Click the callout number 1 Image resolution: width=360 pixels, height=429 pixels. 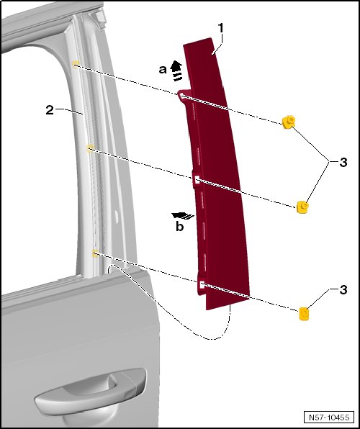[x=220, y=29]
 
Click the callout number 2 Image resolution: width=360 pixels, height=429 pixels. [x=50, y=110]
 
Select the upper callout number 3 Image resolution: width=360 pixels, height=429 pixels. [x=343, y=162]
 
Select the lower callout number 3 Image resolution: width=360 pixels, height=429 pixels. [x=343, y=290]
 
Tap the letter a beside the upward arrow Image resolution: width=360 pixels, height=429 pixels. [x=163, y=70]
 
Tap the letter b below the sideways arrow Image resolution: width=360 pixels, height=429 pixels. [x=179, y=226]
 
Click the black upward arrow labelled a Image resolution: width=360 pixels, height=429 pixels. [x=176, y=71]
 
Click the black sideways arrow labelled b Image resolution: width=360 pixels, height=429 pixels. [x=183, y=216]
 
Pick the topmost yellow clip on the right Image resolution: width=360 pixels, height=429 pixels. [x=288, y=122]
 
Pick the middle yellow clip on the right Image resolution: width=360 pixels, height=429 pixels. [x=302, y=207]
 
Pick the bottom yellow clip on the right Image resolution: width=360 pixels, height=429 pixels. [x=304, y=314]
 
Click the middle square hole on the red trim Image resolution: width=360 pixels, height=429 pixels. [x=197, y=180]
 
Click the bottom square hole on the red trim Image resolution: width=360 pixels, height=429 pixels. [x=202, y=285]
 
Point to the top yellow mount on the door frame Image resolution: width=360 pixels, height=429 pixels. [x=76, y=63]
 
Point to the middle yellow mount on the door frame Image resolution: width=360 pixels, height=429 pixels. [x=90, y=148]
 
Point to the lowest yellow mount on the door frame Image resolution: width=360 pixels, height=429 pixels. [x=95, y=253]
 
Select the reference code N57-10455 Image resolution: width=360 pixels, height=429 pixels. [x=329, y=417]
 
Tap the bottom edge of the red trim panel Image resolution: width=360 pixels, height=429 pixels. [x=228, y=304]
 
